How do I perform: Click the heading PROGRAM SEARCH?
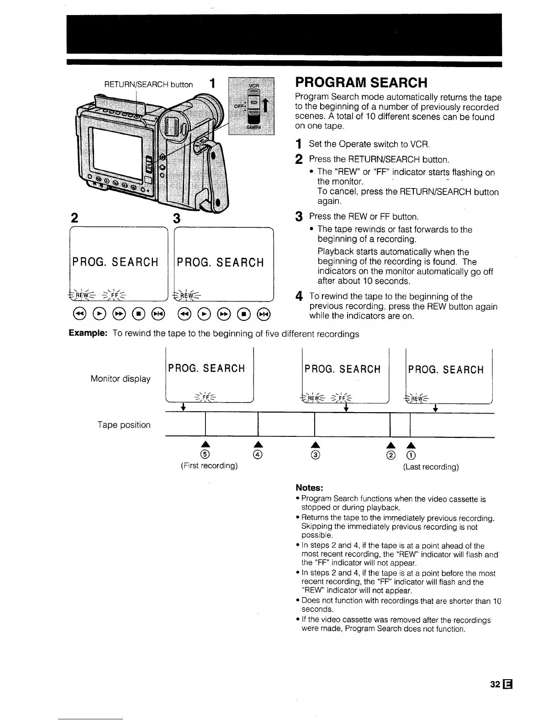click(x=361, y=83)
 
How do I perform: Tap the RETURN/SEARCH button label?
click(x=148, y=84)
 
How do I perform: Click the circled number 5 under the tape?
click(x=206, y=455)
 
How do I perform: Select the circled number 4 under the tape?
click(x=258, y=455)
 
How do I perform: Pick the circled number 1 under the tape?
click(x=411, y=455)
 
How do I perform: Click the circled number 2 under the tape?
click(x=390, y=455)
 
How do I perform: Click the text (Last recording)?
click(x=431, y=467)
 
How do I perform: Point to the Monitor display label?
click(x=121, y=379)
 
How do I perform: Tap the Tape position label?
click(x=124, y=425)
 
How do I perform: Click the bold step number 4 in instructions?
click(x=299, y=297)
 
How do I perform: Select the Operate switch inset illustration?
click(x=252, y=105)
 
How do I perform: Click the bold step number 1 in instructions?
click(x=299, y=145)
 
